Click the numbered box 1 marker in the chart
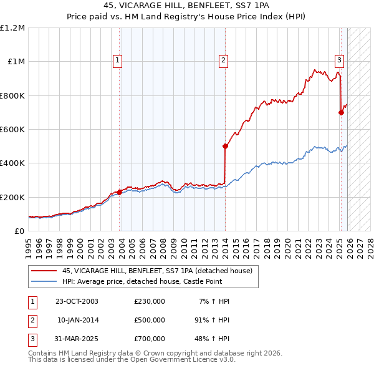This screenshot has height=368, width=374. [x=118, y=61]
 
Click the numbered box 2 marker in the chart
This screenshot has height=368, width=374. [x=223, y=61]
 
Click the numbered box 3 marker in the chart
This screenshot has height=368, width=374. [x=339, y=61]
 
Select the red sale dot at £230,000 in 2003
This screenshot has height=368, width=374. [x=119, y=192]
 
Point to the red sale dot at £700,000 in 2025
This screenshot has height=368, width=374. [x=341, y=113]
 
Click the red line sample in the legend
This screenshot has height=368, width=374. [x=44, y=271]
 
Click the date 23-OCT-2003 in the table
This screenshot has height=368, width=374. [x=77, y=301]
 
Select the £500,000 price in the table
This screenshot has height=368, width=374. [x=150, y=320]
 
